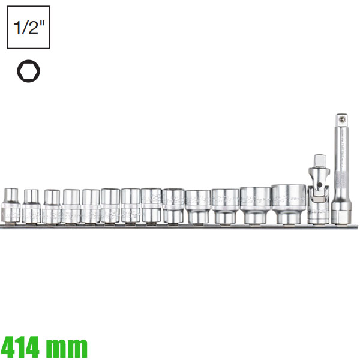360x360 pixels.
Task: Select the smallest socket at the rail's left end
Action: [11, 205]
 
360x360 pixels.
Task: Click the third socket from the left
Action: [52, 206]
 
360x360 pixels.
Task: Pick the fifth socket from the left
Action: [91, 206]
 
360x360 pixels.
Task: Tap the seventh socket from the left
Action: [130, 206]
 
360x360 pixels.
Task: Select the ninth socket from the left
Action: [173, 205]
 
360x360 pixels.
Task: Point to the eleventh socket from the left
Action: [224, 205]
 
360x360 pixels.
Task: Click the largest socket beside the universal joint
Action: [287, 204]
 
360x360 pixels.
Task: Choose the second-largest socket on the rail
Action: [255, 205]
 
